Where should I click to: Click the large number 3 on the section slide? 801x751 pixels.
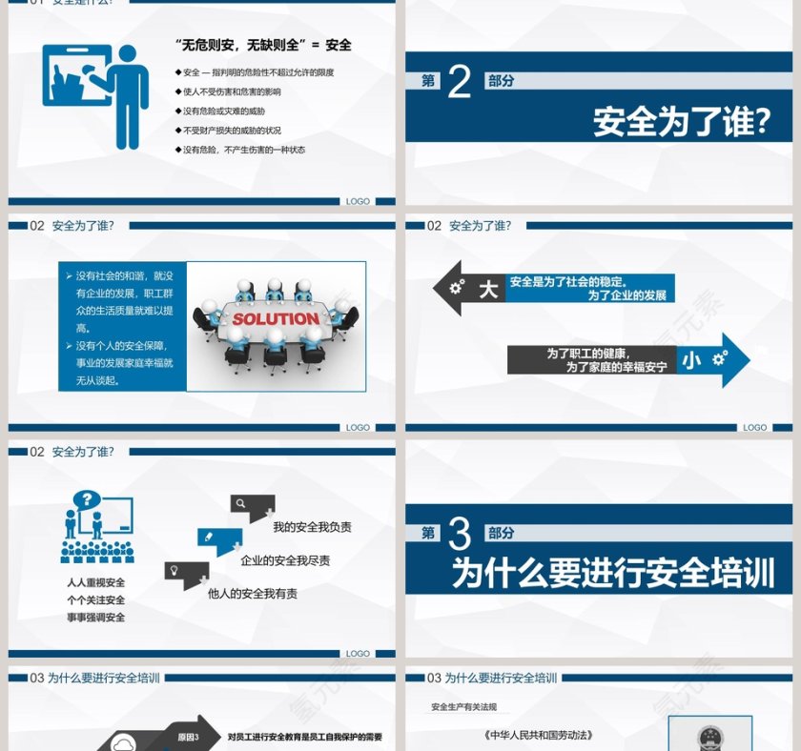[x=460, y=535]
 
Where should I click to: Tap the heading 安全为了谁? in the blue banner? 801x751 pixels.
[x=681, y=122]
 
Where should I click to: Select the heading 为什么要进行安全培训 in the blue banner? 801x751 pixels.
[x=612, y=574]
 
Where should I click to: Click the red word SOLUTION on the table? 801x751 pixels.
[x=276, y=319]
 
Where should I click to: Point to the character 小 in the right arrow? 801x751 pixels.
[x=691, y=359]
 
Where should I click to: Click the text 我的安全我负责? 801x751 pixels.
[x=312, y=527]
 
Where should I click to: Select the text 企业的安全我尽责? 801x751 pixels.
[x=285, y=560]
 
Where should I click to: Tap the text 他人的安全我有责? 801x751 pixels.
[x=252, y=594]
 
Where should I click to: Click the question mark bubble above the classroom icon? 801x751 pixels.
[x=87, y=498]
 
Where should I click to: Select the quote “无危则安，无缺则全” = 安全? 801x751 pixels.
[x=263, y=45]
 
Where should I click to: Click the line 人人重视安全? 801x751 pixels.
[x=95, y=582]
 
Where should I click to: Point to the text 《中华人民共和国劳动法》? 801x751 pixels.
[x=538, y=735]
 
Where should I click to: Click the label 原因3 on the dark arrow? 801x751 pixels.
[x=188, y=736]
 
